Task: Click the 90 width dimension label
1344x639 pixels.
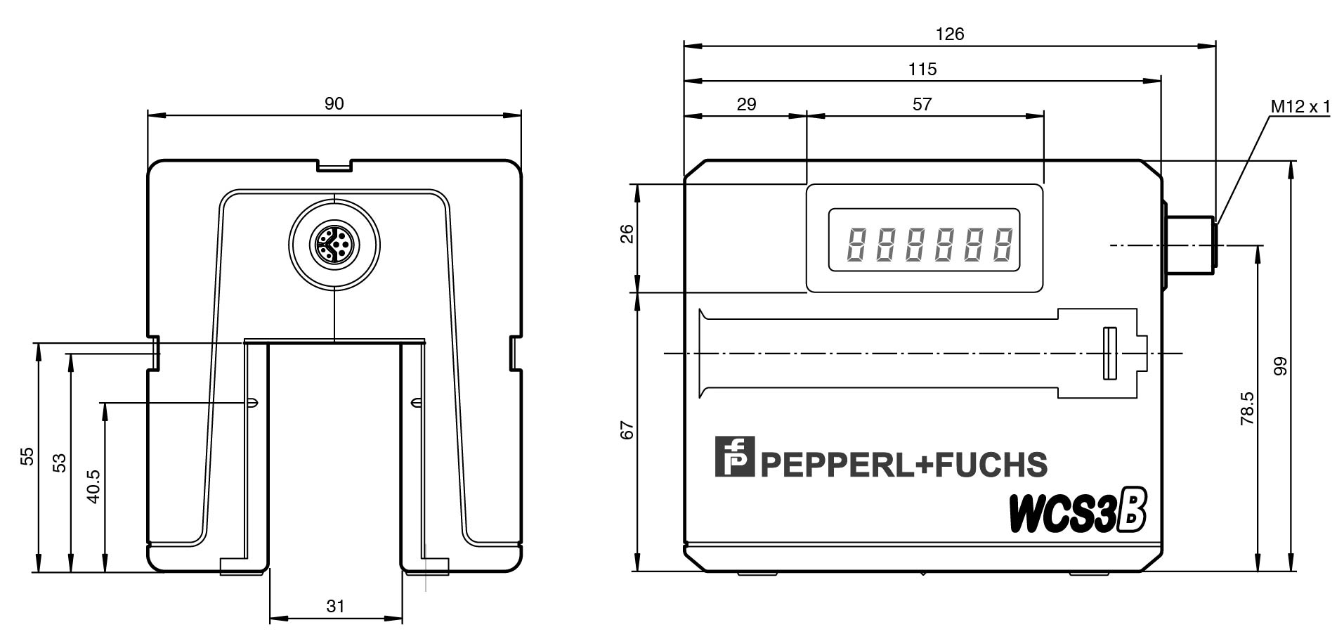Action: (x=334, y=103)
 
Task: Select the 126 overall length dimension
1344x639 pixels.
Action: (x=950, y=33)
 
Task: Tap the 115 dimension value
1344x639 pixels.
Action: (x=922, y=69)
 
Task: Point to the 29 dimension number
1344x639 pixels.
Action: (x=746, y=104)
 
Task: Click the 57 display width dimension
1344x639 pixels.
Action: (x=922, y=104)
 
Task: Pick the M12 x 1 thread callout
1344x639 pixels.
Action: (x=1300, y=106)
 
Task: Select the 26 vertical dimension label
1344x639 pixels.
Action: (x=627, y=233)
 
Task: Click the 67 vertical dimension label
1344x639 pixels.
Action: (x=627, y=430)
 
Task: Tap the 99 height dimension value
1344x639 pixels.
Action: (x=1280, y=366)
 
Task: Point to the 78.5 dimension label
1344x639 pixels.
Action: (x=1246, y=408)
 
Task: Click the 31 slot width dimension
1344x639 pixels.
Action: (x=336, y=605)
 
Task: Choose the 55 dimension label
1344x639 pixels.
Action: (x=27, y=456)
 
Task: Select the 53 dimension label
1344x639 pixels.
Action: (x=60, y=462)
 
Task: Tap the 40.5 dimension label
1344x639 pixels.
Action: (x=93, y=486)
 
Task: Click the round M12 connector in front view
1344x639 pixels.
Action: (x=334, y=243)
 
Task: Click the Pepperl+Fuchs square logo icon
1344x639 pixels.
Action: (x=734, y=456)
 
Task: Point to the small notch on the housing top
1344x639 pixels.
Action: (x=334, y=167)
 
